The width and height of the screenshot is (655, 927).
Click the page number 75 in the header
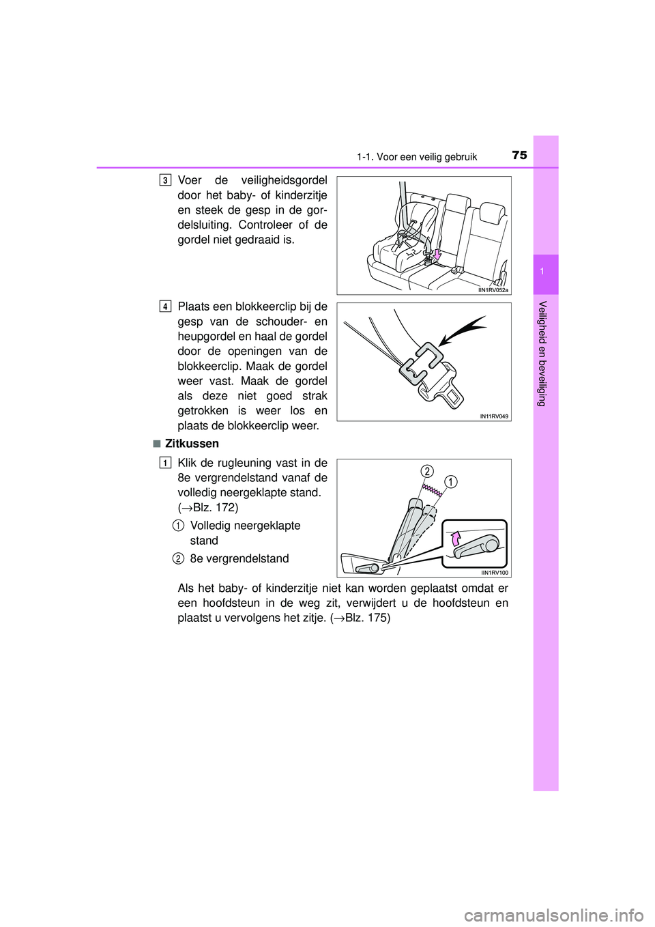519,155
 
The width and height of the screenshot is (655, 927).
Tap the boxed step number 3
166,180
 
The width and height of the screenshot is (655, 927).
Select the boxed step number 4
166,306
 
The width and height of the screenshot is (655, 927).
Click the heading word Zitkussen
192,444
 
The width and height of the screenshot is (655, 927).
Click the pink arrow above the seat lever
458,539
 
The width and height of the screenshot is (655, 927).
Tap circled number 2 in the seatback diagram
427,471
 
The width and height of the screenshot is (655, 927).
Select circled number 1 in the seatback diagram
450,482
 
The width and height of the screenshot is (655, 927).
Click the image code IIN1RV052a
493,290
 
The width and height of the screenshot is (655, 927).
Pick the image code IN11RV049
493,416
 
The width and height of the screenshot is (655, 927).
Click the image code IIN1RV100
494,573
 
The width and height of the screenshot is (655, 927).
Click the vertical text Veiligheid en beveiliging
542,353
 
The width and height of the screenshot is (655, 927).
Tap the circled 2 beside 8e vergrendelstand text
177,559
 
